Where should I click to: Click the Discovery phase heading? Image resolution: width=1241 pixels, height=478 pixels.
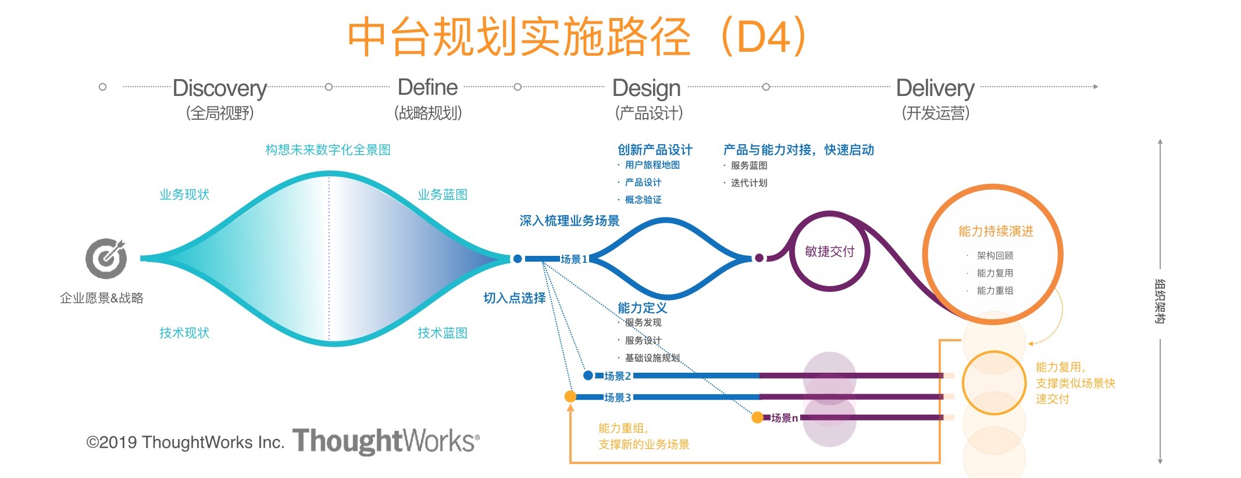(x=220, y=88)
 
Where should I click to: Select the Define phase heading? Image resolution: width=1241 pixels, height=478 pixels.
(x=427, y=88)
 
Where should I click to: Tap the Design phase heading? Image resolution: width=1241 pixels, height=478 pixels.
(x=646, y=88)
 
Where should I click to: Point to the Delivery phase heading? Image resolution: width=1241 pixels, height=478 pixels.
(x=935, y=88)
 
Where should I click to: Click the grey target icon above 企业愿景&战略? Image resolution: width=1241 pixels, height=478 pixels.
(x=106, y=258)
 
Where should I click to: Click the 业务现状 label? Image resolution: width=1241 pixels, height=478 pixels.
(x=184, y=195)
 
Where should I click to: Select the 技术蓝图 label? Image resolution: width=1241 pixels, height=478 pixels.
(x=443, y=333)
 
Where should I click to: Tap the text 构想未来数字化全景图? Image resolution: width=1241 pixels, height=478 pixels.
(x=328, y=150)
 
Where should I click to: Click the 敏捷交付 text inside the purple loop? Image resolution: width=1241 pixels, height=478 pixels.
(x=829, y=252)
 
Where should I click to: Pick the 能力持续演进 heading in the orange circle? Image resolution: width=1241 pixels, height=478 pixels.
(x=996, y=231)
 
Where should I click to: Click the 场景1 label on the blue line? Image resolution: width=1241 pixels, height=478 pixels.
(x=574, y=259)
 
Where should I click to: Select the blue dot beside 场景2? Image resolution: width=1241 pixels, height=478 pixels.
(x=588, y=376)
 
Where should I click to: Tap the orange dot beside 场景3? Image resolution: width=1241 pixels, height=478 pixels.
(x=570, y=397)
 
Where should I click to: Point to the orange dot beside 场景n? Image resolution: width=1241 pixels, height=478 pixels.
(x=757, y=418)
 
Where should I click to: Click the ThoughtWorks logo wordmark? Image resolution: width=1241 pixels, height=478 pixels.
(x=386, y=441)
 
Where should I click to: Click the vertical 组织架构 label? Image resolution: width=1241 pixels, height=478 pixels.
(x=1160, y=301)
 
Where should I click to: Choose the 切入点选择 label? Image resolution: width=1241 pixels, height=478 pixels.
(x=515, y=298)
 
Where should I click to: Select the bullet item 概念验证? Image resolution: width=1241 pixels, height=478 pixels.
(x=643, y=200)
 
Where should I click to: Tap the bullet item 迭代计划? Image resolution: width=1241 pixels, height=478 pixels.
(x=748, y=183)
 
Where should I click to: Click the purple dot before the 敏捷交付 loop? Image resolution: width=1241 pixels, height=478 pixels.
(x=759, y=258)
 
